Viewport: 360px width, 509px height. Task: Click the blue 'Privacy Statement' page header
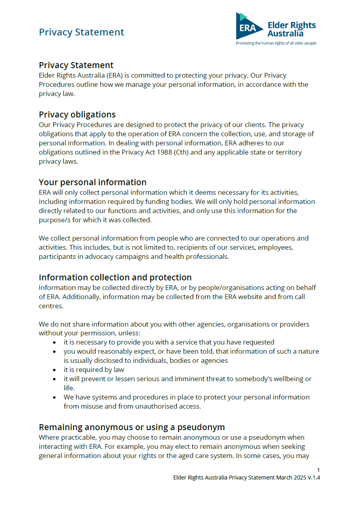point(82,32)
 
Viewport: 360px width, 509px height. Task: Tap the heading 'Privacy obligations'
point(77,115)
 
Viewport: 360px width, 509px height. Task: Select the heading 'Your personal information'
point(92,182)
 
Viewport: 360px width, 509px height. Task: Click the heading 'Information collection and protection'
point(115,278)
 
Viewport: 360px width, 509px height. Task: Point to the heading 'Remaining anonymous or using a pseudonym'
point(132,427)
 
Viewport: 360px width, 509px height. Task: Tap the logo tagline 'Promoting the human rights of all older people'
point(276,43)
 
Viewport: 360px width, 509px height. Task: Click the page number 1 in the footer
point(318,470)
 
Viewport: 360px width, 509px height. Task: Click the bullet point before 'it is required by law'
point(55,370)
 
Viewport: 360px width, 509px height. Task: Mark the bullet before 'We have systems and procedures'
point(55,397)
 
